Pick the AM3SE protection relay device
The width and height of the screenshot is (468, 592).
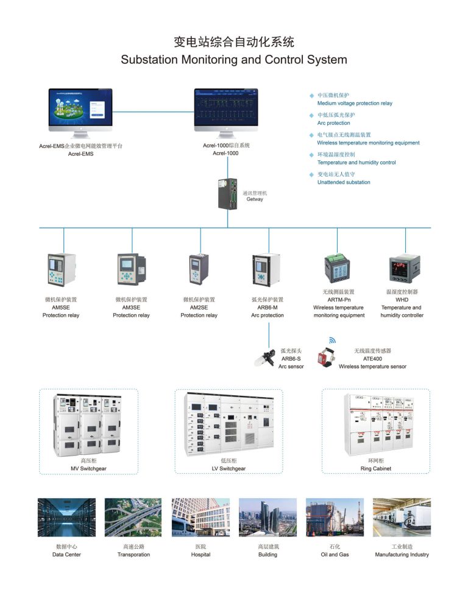[131, 269]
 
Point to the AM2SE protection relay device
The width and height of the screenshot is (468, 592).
[199, 269]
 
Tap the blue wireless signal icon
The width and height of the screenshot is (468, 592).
[333, 340]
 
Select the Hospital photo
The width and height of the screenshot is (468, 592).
[200, 517]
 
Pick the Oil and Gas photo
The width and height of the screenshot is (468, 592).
[335, 517]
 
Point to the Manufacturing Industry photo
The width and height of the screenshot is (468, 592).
[402, 517]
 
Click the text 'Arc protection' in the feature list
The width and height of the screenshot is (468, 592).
[334, 123]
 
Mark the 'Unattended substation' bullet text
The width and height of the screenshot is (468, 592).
[344, 182]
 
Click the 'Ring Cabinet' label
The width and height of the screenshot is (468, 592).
[375, 469]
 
